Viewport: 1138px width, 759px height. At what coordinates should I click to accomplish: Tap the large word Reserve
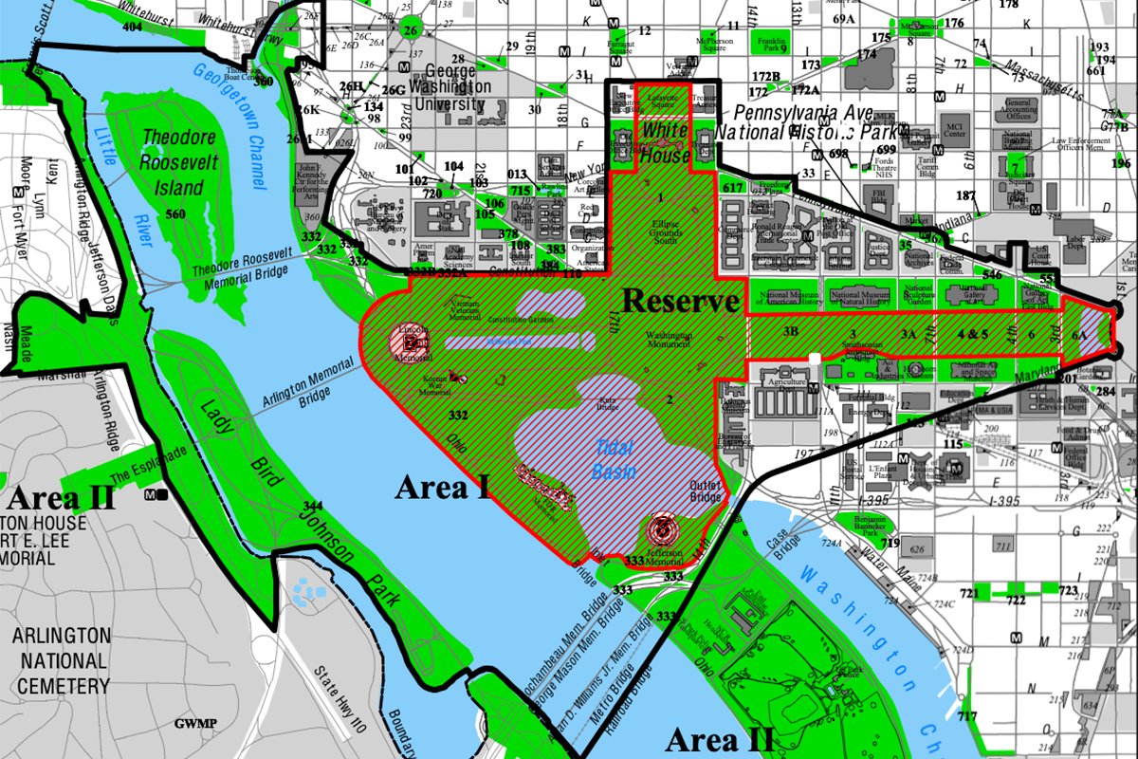pos(680,302)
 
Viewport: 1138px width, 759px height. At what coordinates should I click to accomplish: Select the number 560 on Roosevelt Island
pos(174,214)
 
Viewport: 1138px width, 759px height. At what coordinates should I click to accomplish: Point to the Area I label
pos(442,489)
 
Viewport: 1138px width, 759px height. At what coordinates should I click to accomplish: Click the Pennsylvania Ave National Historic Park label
pos(795,122)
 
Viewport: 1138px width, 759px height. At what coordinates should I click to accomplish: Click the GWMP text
pos(195,724)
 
